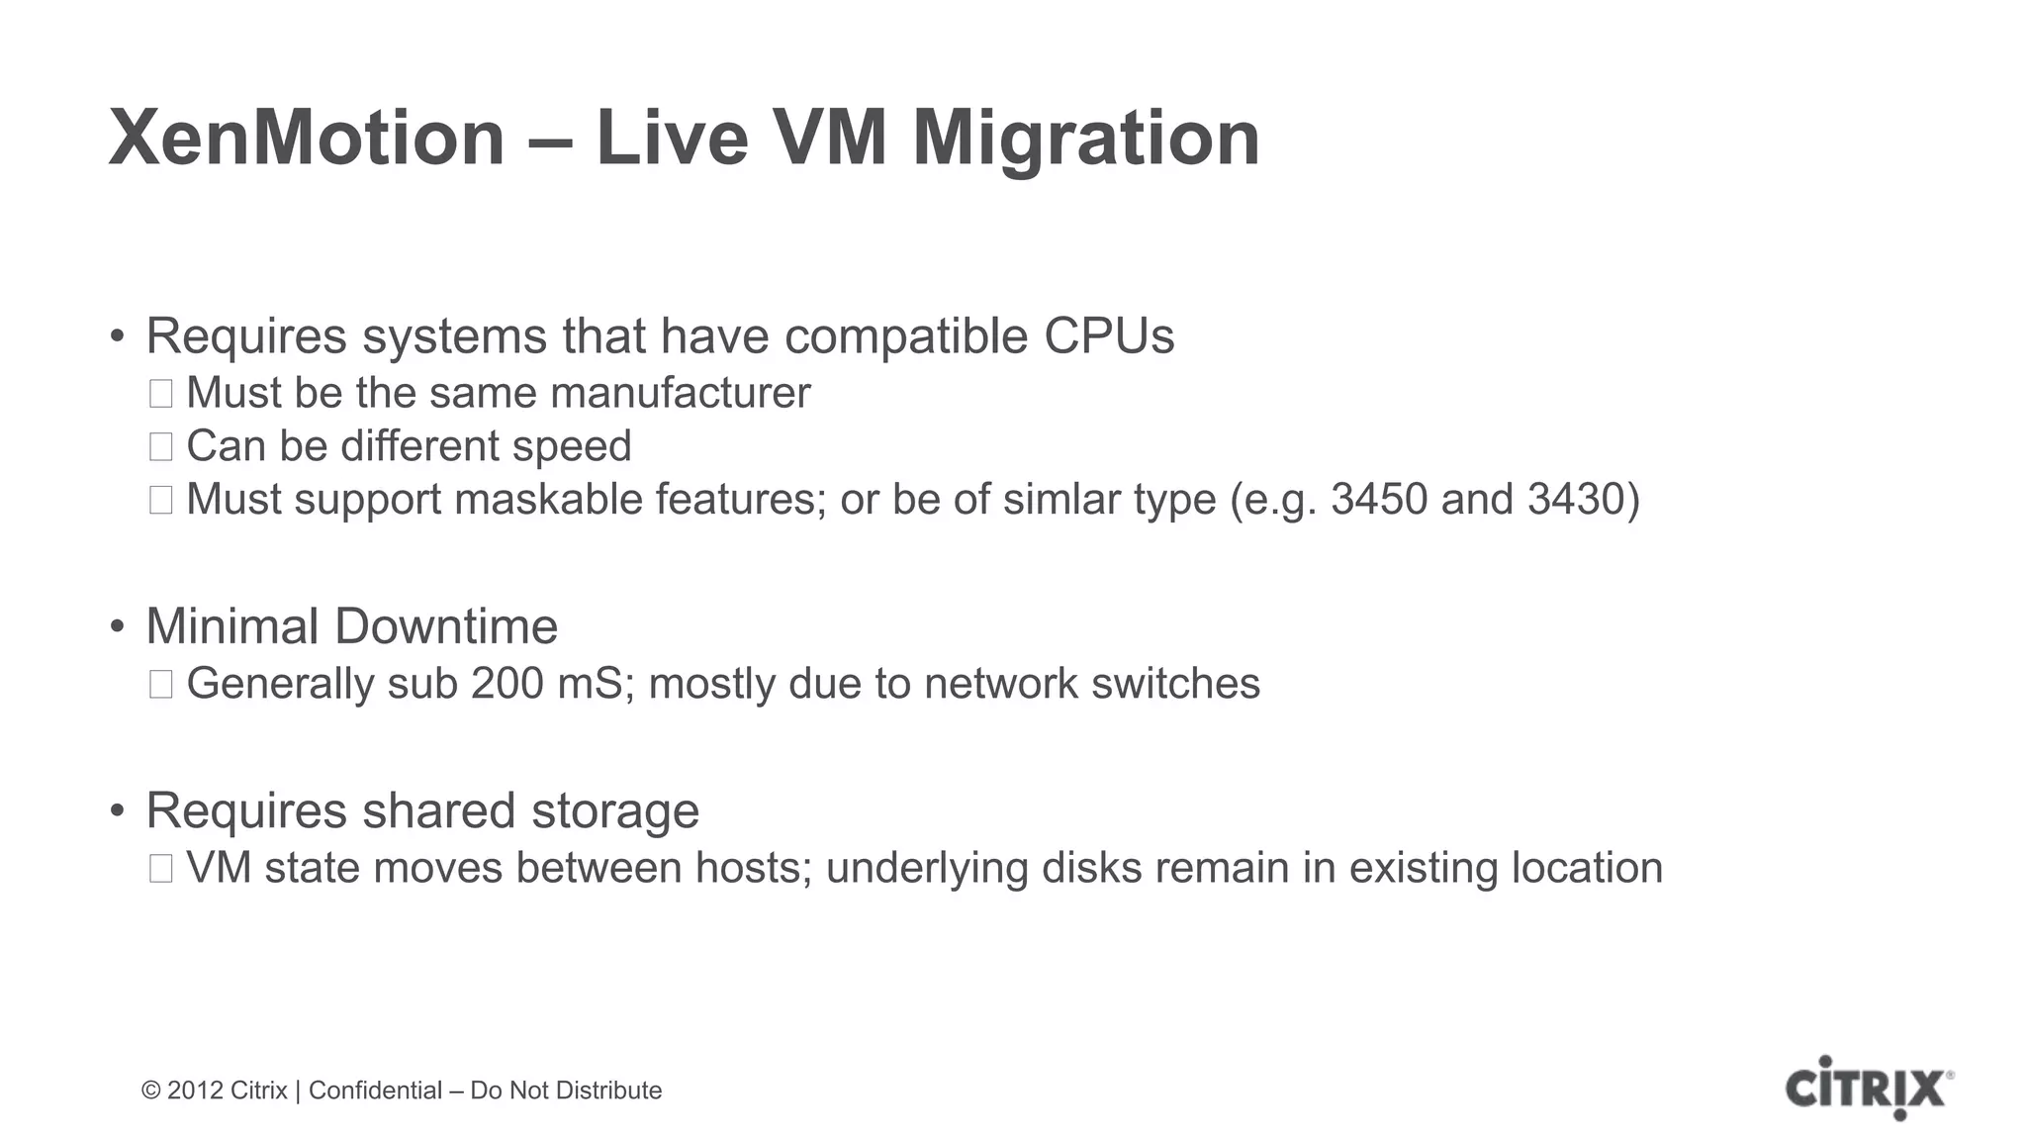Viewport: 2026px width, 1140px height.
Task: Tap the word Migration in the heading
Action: [x=1085, y=139]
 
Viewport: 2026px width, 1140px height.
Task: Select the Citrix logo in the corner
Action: [x=1868, y=1088]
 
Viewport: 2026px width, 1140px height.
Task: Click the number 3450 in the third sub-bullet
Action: [x=1379, y=499]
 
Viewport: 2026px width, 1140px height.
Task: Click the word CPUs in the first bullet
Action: [x=1109, y=336]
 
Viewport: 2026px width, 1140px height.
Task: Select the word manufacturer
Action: [x=680, y=393]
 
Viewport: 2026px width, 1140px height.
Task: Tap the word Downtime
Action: [x=446, y=626]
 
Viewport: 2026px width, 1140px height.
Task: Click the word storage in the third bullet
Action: [x=615, y=810]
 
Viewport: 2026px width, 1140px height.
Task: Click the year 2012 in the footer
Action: [x=195, y=1091]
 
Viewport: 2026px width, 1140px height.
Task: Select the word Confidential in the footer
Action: [x=375, y=1091]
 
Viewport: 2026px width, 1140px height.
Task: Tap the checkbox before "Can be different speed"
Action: [x=161, y=447]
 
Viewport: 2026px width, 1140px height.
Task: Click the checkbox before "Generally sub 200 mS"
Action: [x=161, y=685]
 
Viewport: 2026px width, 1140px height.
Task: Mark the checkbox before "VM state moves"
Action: [x=161, y=869]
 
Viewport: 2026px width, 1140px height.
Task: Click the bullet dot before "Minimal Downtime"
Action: [x=118, y=627]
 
